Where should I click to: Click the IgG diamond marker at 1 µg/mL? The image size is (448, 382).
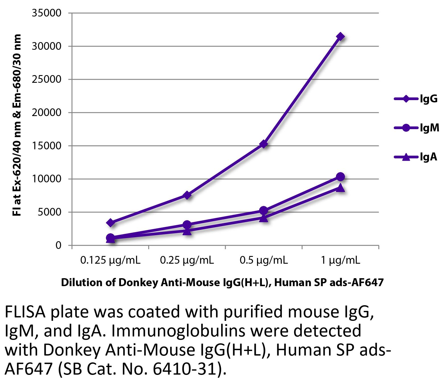tap(340, 37)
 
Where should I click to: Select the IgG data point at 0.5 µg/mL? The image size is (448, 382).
tap(264, 144)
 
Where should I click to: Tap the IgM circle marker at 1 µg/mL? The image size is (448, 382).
tap(340, 177)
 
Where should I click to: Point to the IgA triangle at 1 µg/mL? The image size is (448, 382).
tap(340, 188)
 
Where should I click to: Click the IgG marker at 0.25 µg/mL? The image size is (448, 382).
tap(187, 195)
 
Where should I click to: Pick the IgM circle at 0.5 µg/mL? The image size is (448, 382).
tap(264, 210)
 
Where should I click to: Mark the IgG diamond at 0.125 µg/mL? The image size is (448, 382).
tap(110, 223)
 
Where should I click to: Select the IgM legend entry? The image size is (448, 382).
tap(416, 128)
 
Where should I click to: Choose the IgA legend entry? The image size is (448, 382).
tap(416, 157)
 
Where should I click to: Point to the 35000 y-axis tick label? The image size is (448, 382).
tap(46, 13)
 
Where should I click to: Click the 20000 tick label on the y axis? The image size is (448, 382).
tap(46, 113)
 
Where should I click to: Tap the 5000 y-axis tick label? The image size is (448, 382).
tap(50, 212)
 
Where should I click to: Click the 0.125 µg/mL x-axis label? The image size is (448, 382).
tap(110, 260)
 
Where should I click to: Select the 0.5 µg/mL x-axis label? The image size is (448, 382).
tap(264, 260)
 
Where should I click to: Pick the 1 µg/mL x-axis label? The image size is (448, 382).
tap(340, 260)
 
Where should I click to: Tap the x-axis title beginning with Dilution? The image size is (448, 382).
tap(222, 282)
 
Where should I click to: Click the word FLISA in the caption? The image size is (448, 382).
tap(25, 312)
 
